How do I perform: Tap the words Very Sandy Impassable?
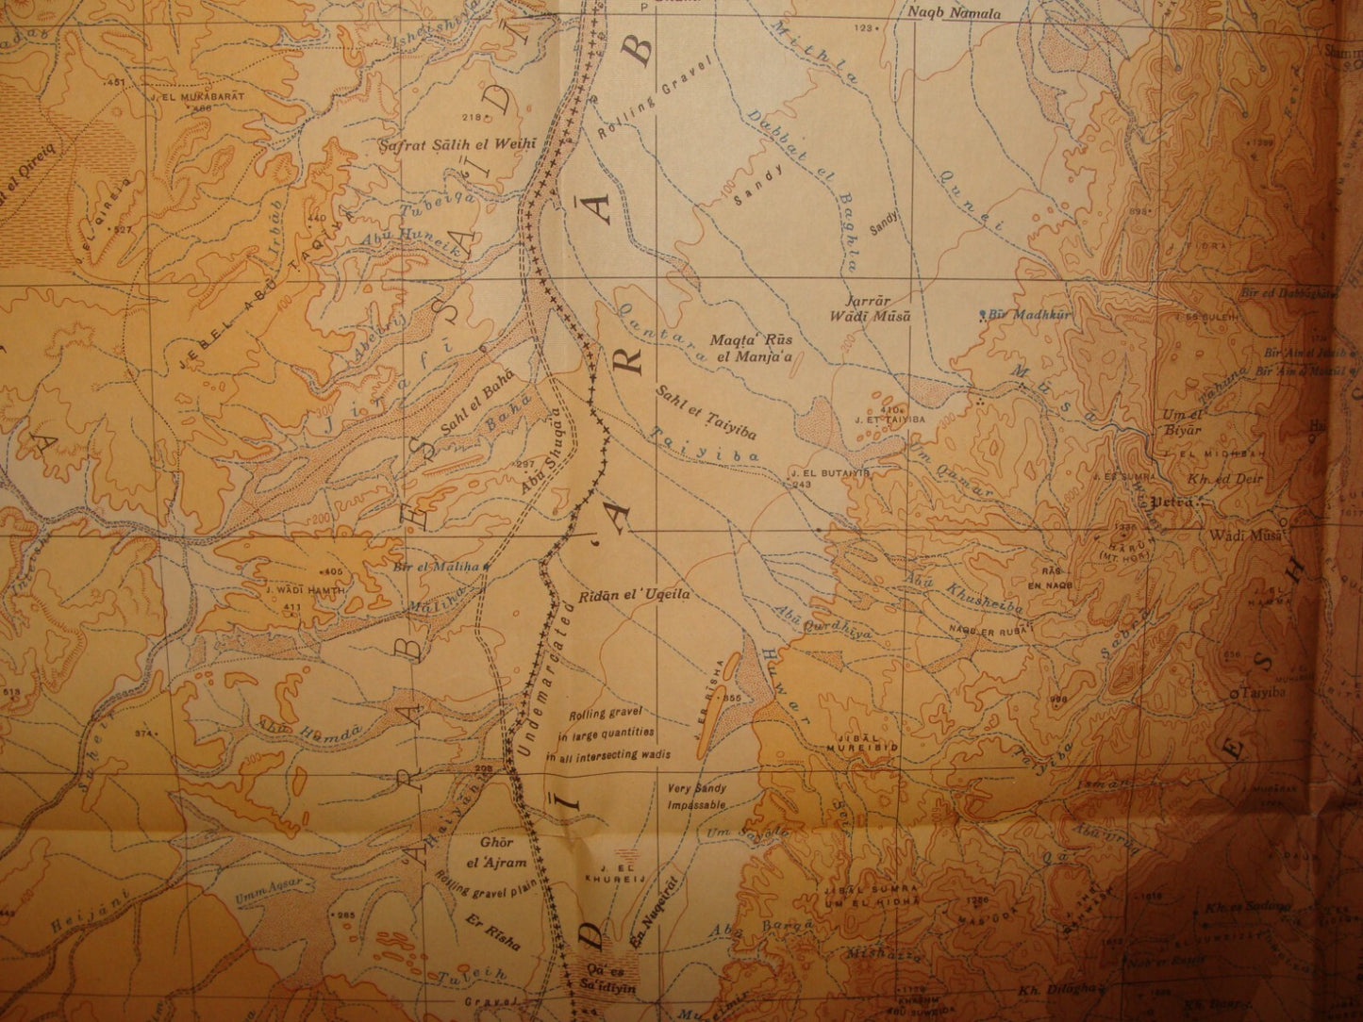pos(696,798)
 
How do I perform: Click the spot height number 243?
pos(803,484)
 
